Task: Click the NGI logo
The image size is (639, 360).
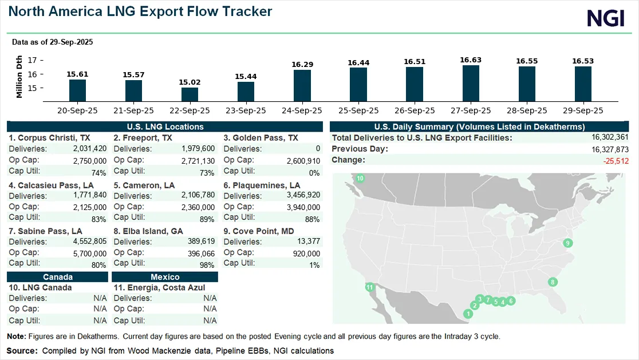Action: (x=605, y=18)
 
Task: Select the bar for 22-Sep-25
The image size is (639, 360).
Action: (x=190, y=94)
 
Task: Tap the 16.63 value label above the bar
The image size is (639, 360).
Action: (x=470, y=60)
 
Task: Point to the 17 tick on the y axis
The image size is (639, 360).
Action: (x=33, y=60)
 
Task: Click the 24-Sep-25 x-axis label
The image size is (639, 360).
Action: (x=302, y=110)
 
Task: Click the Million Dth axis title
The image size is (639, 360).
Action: (x=20, y=77)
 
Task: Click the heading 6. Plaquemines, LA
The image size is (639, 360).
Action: (x=262, y=185)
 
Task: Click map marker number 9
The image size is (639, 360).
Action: (x=567, y=243)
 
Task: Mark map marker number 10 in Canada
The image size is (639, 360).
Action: (x=360, y=179)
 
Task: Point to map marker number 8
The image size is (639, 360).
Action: (x=552, y=282)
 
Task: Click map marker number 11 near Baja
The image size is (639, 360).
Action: (x=370, y=287)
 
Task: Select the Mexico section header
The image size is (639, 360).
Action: (x=165, y=277)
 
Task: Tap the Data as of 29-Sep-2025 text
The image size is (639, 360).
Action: (x=53, y=42)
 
